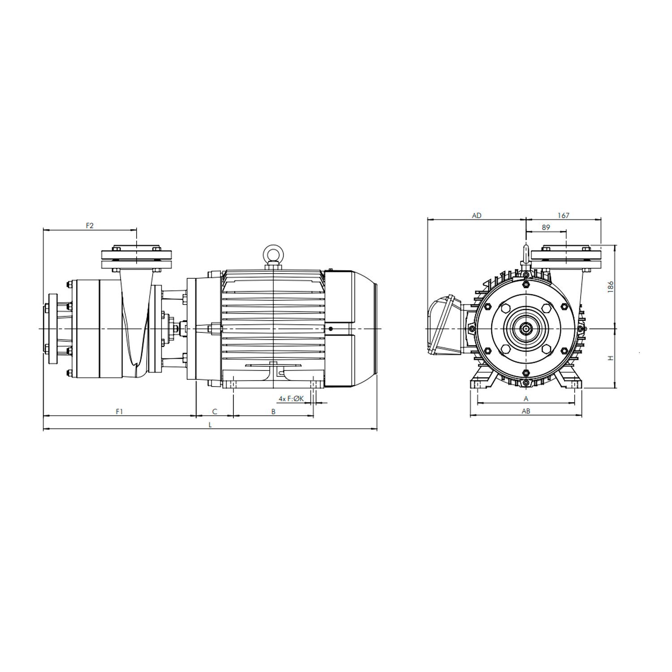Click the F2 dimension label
[x=90, y=225]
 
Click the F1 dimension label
[x=119, y=411]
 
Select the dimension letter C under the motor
[x=215, y=411]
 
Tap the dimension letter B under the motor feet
[x=273, y=411]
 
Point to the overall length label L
[x=210, y=425]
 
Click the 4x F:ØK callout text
[x=291, y=398]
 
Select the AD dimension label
[x=477, y=215]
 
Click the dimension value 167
[x=563, y=215]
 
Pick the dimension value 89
[x=546, y=228]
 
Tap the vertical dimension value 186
[x=610, y=287]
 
